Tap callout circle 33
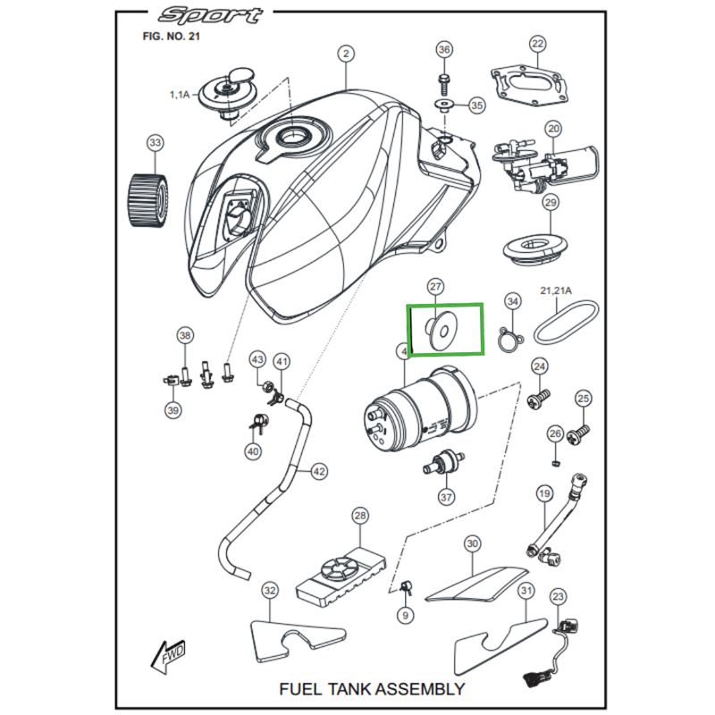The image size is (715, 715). tap(155, 143)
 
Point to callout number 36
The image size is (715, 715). tap(444, 50)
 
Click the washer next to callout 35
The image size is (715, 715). tap(445, 105)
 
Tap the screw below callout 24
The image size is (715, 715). tap(538, 400)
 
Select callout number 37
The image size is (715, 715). tap(446, 497)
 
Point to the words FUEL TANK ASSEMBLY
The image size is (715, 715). tap(372, 688)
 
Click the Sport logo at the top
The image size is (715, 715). tap(211, 15)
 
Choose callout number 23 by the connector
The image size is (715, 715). tap(559, 596)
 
